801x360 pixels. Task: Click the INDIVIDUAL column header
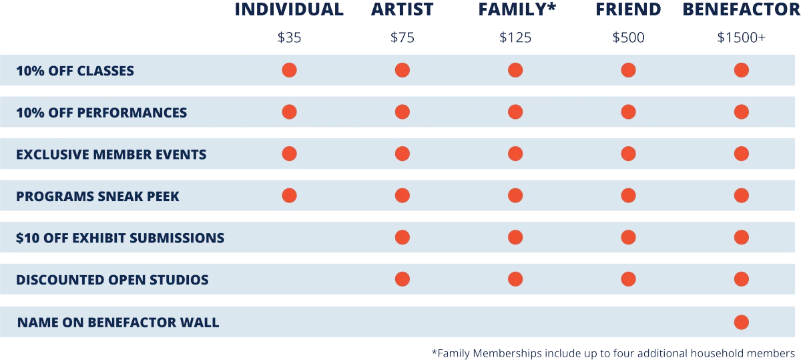click(290, 9)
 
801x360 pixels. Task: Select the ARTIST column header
click(403, 9)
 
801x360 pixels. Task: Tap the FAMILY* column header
click(516, 9)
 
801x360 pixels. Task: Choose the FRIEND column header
click(628, 9)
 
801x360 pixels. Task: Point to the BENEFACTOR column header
click(741, 9)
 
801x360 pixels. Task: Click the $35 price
click(290, 37)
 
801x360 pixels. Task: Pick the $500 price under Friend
click(629, 37)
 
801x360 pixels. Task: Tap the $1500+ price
click(742, 37)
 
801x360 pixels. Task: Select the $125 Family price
click(515, 37)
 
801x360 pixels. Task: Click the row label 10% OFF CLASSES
click(75, 71)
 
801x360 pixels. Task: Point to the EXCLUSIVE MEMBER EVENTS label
click(111, 154)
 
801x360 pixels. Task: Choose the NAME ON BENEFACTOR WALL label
click(118, 323)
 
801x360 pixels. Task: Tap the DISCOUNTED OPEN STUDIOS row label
click(112, 280)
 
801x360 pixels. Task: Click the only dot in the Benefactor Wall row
click(741, 323)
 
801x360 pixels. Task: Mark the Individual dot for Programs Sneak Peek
click(289, 196)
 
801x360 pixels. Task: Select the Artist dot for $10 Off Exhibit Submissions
click(402, 237)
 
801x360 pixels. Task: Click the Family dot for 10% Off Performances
click(515, 112)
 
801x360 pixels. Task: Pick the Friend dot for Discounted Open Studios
click(628, 279)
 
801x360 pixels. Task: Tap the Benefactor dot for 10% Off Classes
click(741, 70)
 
